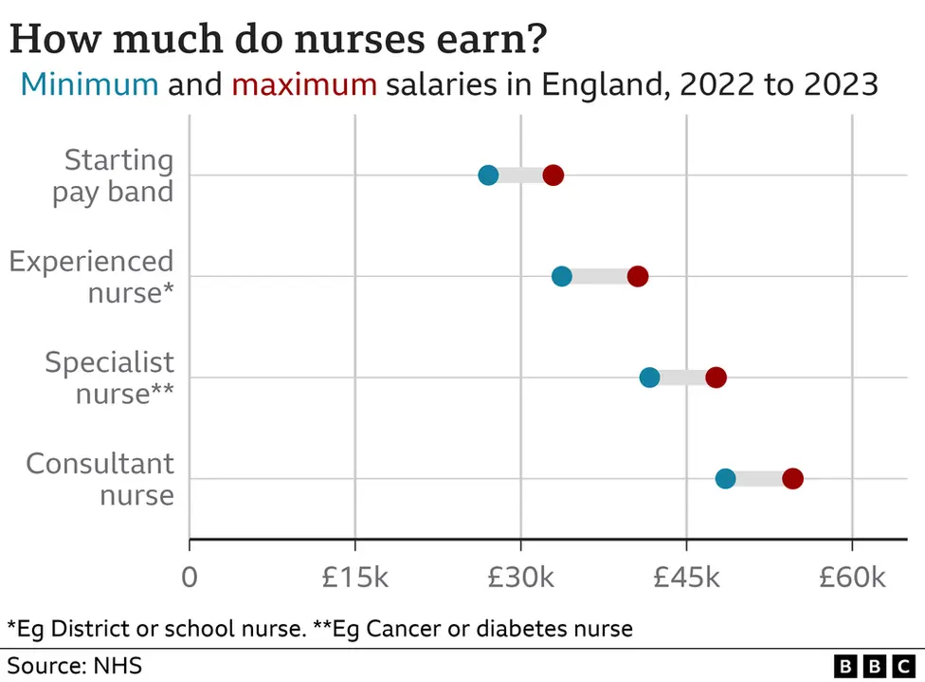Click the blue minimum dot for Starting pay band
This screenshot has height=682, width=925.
tap(488, 175)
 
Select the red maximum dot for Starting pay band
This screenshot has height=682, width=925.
tap(553, 175)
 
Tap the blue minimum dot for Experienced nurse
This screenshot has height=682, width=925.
tap(562, 277)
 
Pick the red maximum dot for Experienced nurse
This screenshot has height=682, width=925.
tap(638, 277)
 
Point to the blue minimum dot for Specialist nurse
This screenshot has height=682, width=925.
tap(649, 378)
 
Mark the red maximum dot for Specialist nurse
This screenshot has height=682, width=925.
tap(716, 378)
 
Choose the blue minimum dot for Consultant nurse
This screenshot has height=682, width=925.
tap(725, 479)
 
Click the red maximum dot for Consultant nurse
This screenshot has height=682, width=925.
tap(793, 479)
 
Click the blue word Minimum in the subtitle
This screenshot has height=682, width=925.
tap(89, 84)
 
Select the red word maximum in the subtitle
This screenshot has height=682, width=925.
tap(304, 84)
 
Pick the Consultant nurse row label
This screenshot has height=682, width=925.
tap(100, 479)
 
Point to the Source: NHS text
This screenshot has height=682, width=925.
tap(75, 664)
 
